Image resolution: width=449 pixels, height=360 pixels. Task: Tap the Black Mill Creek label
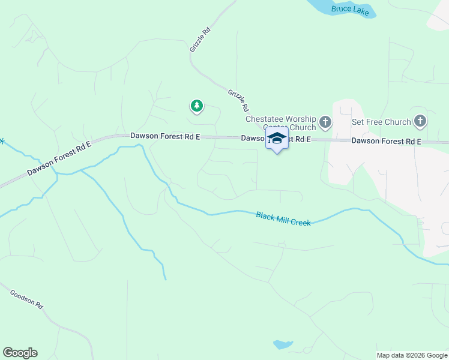[283, 218]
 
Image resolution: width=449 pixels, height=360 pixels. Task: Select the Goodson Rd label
[27, 299]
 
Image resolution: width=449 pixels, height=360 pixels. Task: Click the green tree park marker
[196, 106]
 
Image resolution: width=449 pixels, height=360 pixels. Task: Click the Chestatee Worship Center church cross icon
[325, 123]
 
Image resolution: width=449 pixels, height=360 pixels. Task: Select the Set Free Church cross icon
[420, 122]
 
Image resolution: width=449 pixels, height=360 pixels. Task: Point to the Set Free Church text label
[381, 122]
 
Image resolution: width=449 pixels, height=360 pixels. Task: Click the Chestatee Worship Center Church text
[281, 123]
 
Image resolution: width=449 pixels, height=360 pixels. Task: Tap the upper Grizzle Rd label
[200, 39]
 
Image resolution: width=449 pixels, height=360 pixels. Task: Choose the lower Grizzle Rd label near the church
[238, 101]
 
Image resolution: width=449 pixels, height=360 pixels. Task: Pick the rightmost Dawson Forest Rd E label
[386, 141]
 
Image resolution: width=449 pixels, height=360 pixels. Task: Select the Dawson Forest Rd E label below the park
[165, 136]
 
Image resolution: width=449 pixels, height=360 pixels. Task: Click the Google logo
[20, 353]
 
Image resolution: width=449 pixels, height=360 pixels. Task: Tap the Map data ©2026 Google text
[411, 355]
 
